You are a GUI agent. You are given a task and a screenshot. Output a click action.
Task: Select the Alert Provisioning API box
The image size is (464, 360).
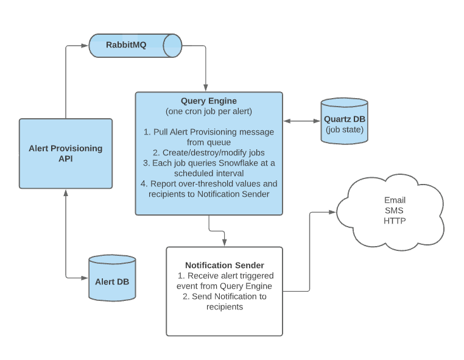[x=66, y=154]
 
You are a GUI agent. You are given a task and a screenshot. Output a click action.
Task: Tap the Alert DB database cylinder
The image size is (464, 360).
[x=111, y=279]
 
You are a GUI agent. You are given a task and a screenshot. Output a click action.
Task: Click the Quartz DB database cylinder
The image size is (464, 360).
[x=344, y=121]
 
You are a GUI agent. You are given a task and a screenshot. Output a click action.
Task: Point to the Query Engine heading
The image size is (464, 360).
[x=209, y=101]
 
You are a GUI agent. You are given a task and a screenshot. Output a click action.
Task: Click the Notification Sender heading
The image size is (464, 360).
[x=225, y=265]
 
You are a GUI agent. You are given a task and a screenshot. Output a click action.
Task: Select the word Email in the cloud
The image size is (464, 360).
[x=395, y=200]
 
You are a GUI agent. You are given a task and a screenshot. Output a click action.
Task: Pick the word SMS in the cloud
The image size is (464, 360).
[x=394, y=210]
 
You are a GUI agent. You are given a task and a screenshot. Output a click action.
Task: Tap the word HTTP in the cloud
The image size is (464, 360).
[x=394, y=221]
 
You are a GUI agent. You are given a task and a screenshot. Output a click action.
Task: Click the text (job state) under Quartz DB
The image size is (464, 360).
[x=344, y=130]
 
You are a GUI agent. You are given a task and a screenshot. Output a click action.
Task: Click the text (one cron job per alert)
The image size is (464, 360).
[x=209, y=111]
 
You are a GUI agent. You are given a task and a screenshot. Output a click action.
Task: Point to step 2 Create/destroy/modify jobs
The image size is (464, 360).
[x=209, y=152]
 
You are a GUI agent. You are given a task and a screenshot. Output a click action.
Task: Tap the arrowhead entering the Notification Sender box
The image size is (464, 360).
[x=225, y=242]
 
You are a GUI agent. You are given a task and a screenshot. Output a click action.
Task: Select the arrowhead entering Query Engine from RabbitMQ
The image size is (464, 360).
[x=206, y=88]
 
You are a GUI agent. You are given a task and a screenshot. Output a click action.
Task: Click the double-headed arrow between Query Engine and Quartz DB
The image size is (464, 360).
[x=302, y=121]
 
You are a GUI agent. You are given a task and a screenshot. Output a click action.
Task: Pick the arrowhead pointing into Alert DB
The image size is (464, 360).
[x=85, y=278]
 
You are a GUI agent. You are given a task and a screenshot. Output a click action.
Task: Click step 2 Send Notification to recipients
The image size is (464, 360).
[x=225, y=302]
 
